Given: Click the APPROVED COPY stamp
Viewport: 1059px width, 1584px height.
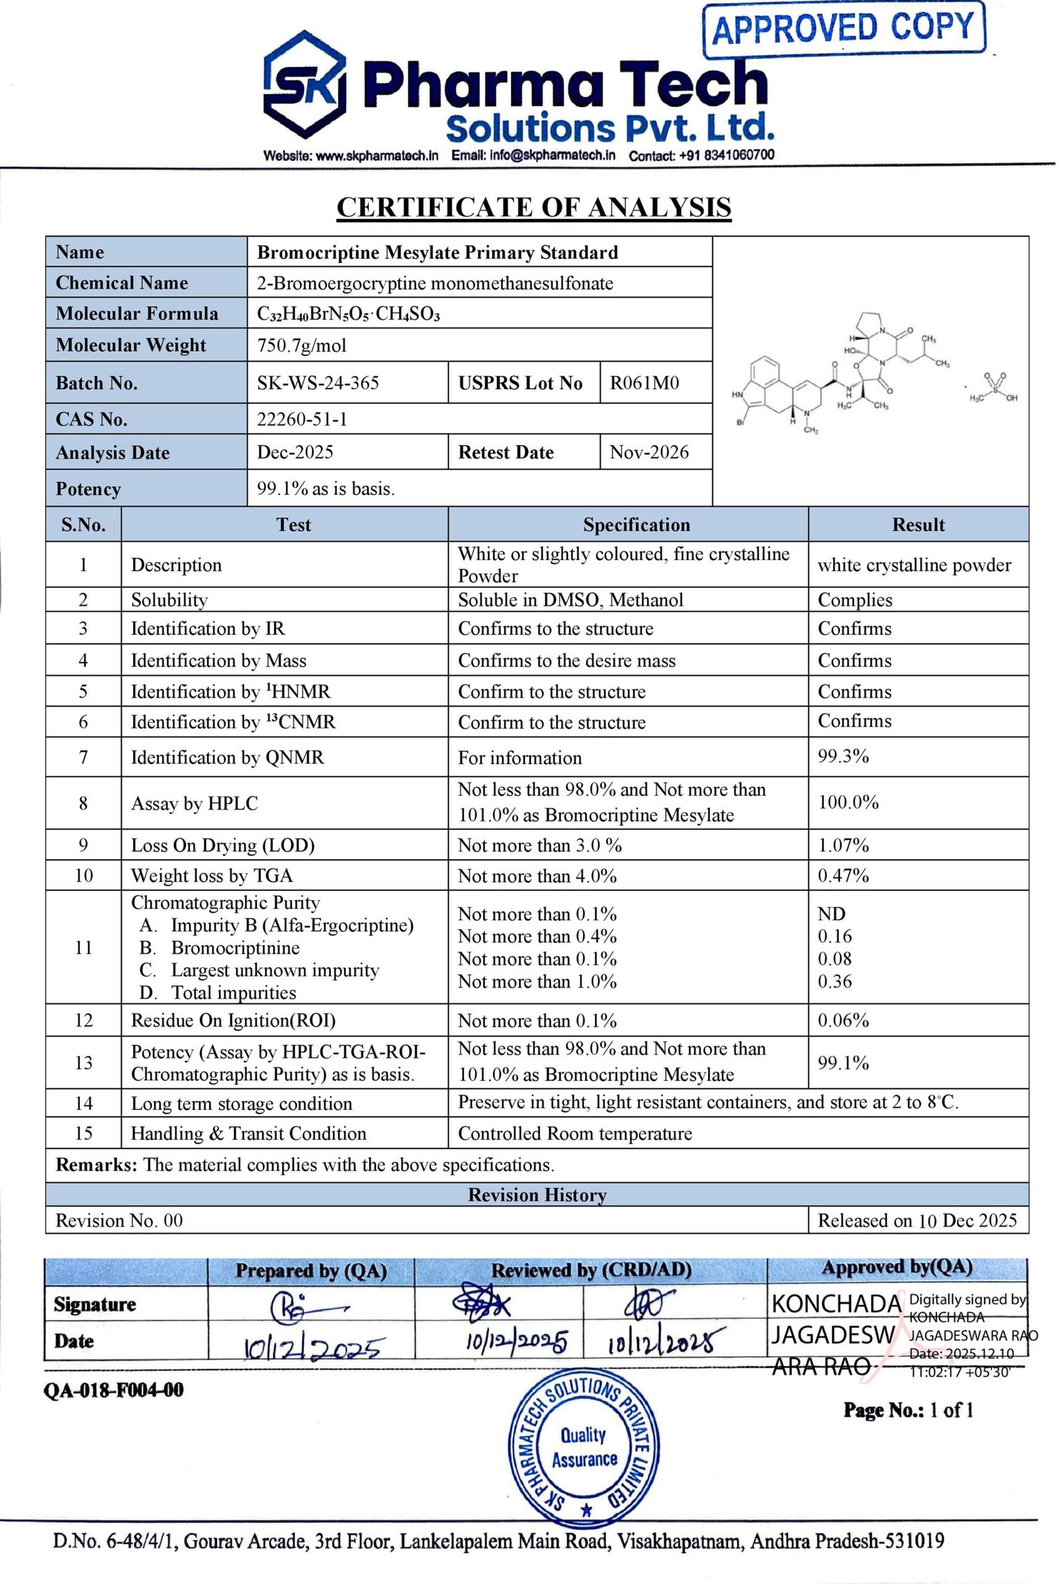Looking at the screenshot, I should click(x=843, y=29).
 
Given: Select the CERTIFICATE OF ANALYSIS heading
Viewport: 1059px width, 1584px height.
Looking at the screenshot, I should click(x=533, y=207).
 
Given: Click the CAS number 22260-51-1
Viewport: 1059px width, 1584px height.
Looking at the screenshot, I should click(x=302, y=420).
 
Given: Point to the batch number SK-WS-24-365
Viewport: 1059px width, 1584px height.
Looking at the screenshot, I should click(x=318, y=383).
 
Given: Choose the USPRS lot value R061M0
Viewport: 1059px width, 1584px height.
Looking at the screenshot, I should click(x=644, y=383).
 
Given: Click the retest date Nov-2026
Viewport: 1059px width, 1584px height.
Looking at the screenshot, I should click(x=649, y=452).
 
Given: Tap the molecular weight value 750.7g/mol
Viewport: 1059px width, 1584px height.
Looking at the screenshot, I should click(x=301, y=346).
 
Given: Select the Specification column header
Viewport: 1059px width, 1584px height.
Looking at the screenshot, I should click(x=636, y=525).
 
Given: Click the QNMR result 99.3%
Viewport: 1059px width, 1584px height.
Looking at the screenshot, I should click(x=843, y=757).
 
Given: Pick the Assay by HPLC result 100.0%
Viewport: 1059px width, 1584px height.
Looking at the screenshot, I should click(x=849, y=802).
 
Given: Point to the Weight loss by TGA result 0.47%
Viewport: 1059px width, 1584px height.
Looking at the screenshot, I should click(x=843, y=876).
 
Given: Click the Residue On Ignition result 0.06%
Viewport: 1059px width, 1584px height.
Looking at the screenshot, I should click(x=843, y=1020).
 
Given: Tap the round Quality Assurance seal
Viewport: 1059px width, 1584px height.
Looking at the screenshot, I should click(x=584, y=1447).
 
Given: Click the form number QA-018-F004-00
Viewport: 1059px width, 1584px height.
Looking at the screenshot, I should click(x=113, y=1389).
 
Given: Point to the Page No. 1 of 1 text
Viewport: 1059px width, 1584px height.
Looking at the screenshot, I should click(x=907, y=1410).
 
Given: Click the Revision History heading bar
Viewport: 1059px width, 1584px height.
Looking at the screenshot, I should click(x=537, y=1195).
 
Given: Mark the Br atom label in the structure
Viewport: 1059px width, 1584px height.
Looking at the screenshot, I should click(x=740, y=424).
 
